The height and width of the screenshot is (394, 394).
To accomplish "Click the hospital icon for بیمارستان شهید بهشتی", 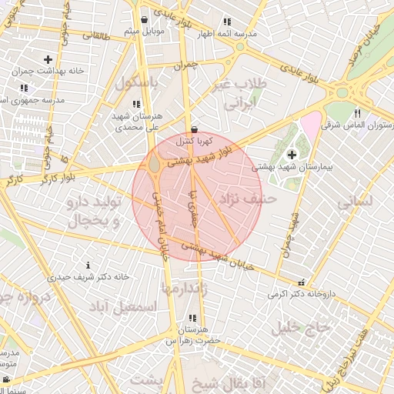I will click(x=292, y=155).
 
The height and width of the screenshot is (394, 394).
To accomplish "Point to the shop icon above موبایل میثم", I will click(x=145, y=20).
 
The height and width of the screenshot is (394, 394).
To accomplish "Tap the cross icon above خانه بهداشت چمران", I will click(x=48, y=59).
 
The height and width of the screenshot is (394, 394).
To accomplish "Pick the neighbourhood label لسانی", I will click(x=355, y=202).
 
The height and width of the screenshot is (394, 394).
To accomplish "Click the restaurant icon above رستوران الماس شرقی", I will click(x=357, y=113).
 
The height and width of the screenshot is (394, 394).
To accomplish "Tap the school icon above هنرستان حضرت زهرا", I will click(x=192, y=318).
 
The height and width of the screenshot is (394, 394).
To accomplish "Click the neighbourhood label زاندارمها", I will click(x=182, y=286).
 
